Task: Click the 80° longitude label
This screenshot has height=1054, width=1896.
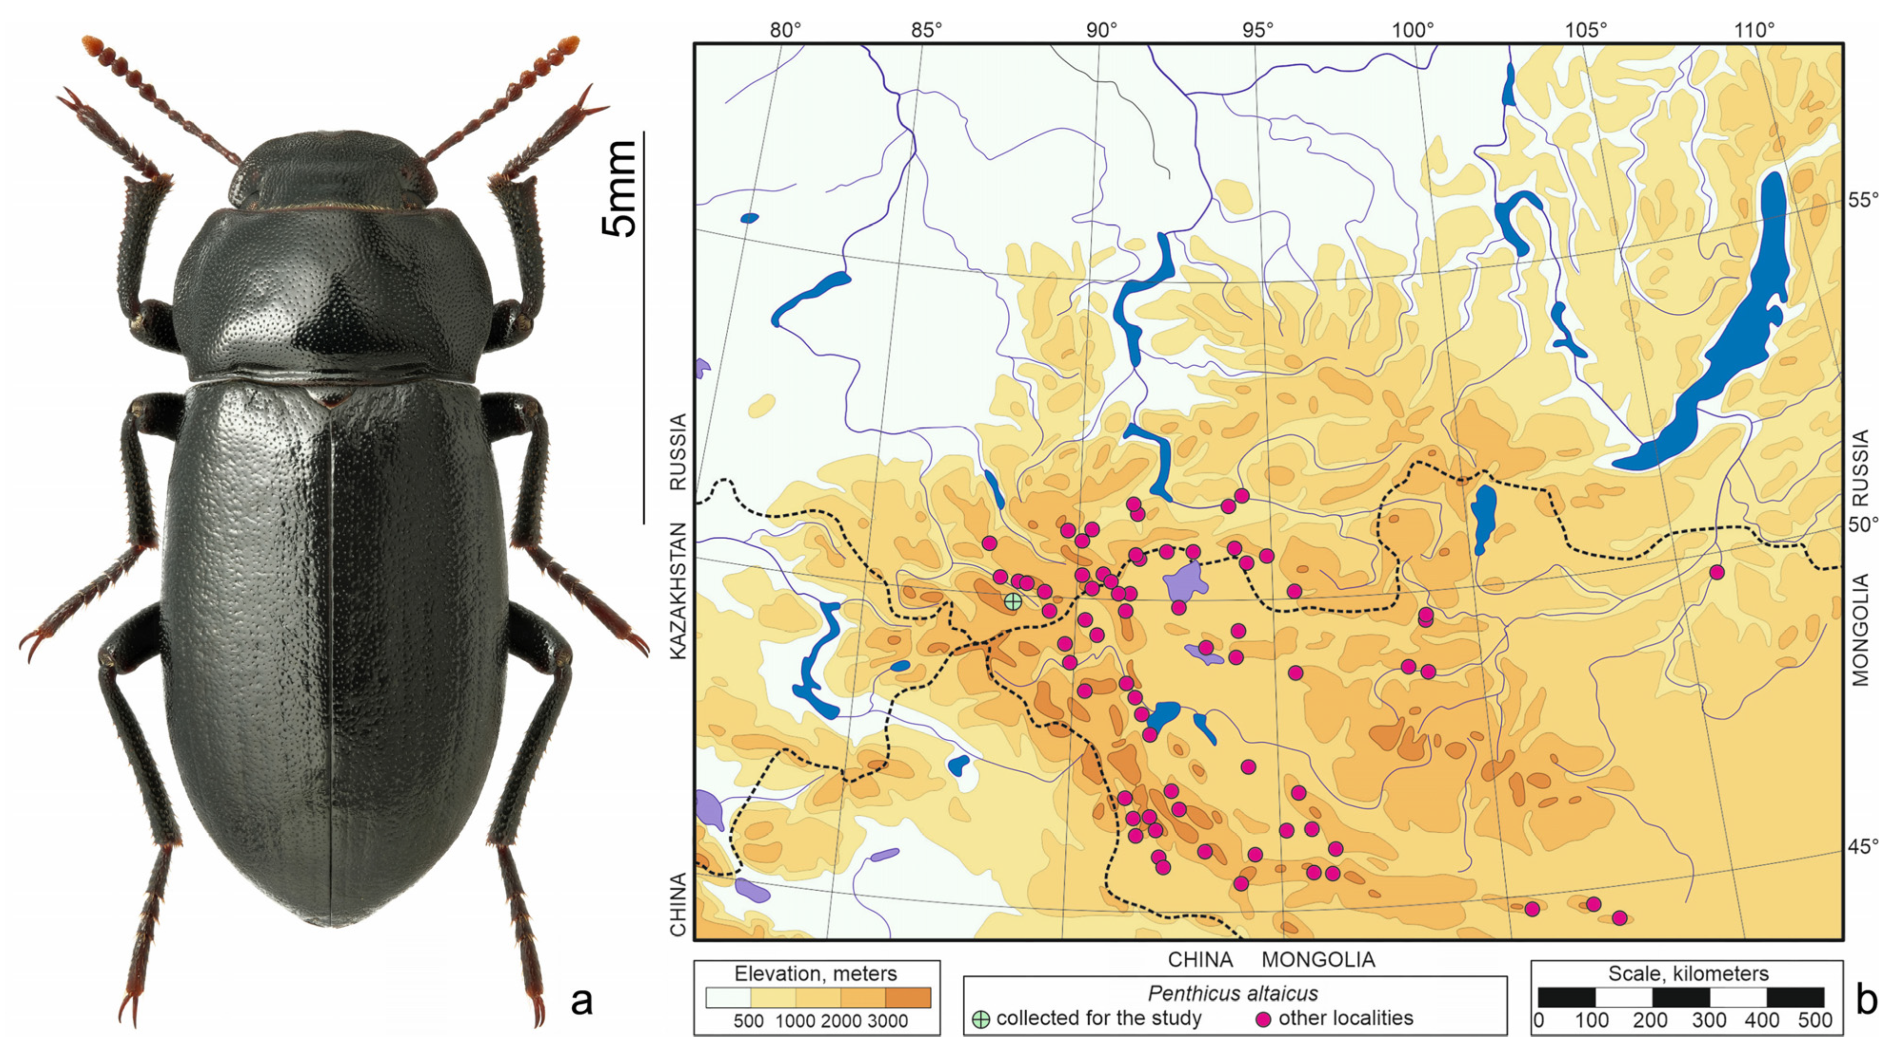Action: (x=785, y=30)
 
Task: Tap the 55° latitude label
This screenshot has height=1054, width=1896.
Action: (x=1863, y=200)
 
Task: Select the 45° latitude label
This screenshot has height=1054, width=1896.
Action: (x=1863, y=847)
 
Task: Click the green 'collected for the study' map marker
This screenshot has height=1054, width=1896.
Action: (x=1013, y=601)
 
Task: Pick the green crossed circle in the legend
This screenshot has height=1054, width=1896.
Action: (x=980, y=1019)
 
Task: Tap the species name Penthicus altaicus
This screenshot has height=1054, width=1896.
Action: (x=1233, y=994)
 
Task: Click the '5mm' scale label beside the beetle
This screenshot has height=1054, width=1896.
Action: (x=620, y=189)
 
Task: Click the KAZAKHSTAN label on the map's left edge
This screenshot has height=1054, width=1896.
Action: (x=678, y=591)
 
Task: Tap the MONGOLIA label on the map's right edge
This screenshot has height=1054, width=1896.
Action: (x=1860, y=630)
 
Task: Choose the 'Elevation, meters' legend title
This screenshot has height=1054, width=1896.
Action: (x=816, y=974)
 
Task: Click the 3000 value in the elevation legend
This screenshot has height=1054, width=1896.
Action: (x=887, y=1021)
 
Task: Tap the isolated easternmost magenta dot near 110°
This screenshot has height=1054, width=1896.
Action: (x=1717, y=572)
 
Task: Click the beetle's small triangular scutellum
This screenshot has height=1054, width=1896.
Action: (x=330, y=398)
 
